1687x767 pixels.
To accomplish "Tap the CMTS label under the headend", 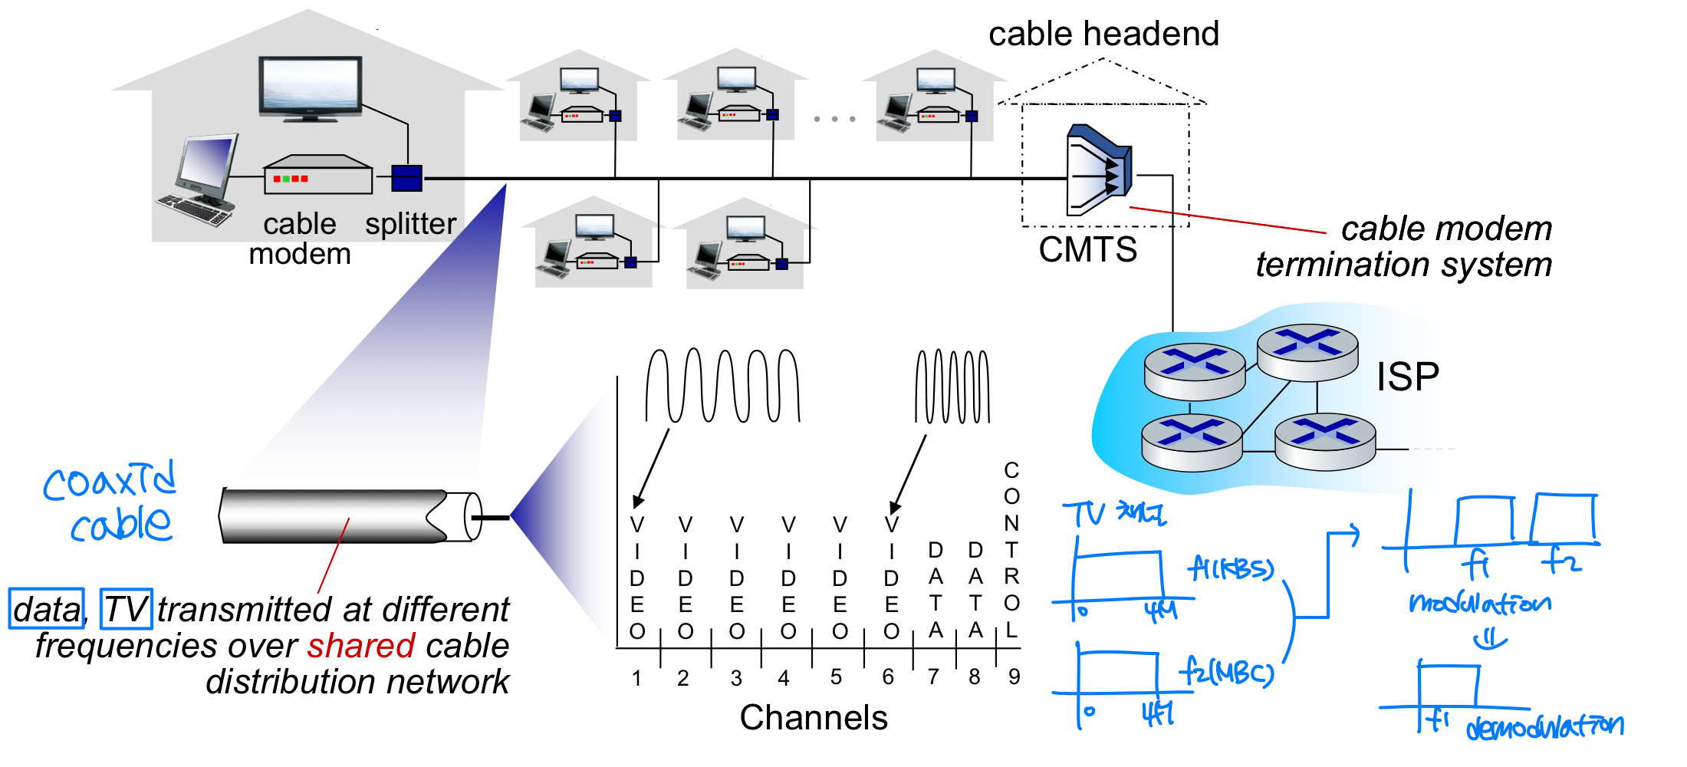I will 1087,249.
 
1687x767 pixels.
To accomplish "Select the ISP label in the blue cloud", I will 1407,377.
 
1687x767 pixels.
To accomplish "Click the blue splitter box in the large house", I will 406,178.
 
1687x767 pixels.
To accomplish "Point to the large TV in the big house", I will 311,87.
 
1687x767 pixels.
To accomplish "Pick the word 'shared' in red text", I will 361,646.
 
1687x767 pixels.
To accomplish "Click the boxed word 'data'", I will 47,609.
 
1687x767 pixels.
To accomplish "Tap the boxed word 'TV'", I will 127,609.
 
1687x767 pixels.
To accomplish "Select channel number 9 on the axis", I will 1014,676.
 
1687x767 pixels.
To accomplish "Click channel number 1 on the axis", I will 636,678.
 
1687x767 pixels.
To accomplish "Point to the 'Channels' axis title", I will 814,718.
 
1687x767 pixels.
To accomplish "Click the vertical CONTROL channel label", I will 1011,550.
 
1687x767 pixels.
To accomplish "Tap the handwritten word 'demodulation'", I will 1544,726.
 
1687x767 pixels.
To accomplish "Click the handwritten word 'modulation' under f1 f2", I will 1479,603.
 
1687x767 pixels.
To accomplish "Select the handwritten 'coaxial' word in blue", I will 110,482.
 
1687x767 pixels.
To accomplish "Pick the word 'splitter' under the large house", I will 410,224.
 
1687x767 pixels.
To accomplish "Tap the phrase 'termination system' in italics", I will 1403,265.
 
